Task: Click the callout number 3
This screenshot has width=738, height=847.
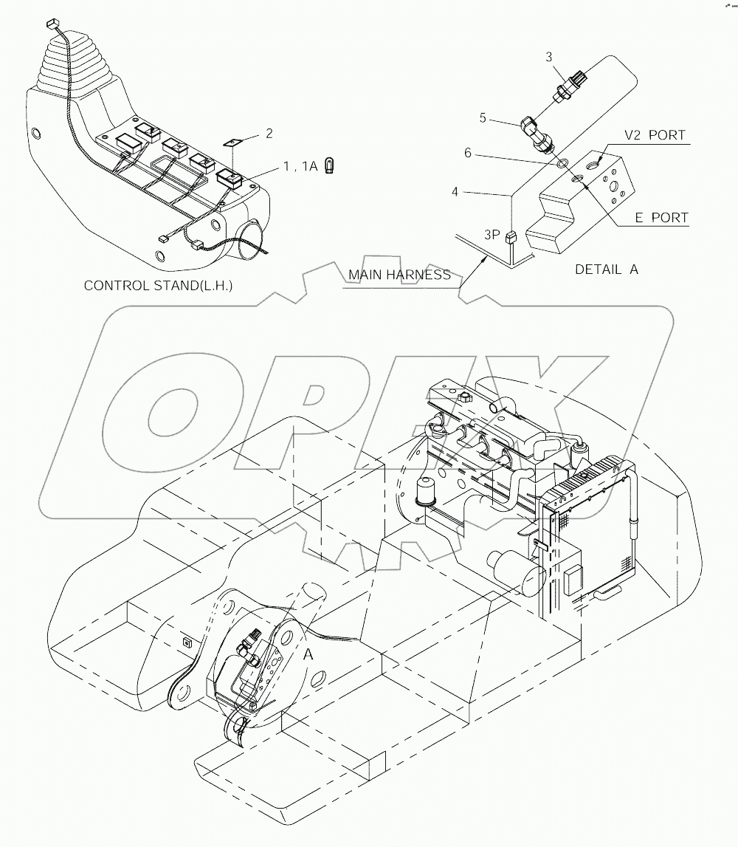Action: (x=548, y=56)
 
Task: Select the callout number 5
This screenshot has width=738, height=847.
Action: (x=504, y=117)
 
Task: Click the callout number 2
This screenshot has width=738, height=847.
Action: (x=269, y=133)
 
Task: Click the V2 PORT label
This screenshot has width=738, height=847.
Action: (x=655, y=135)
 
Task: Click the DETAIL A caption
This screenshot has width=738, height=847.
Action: (x=606, y=270)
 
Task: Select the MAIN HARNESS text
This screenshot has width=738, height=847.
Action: (x=399, y=275)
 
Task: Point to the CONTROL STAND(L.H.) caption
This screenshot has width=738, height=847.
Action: (x=158, y=285)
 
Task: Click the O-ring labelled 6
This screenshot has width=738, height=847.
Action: (x=562, y=162)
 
